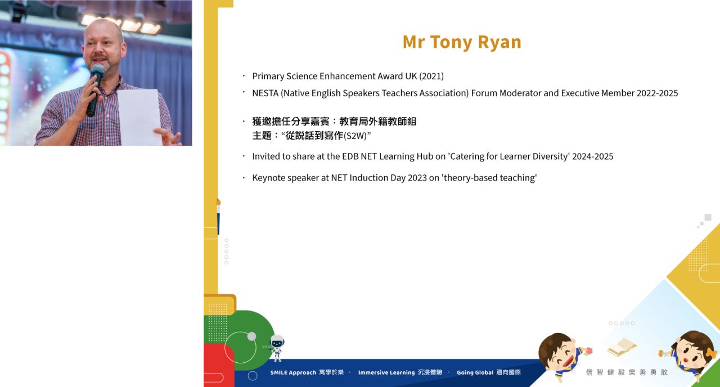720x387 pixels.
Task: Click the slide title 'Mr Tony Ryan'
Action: click(x=462, y=42)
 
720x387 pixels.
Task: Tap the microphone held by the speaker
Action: click(x=95, y=89)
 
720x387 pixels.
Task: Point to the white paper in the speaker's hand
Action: click(x=139, y=117)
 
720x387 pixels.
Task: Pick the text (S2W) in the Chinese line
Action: click(x=355, y=136)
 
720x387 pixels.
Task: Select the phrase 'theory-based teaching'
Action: click(x=489, y=178)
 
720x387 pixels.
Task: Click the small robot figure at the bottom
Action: click(x=276, y=348)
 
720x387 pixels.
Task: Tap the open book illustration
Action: click(x=622, y=347)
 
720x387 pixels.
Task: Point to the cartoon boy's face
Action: click(x=561, y=355)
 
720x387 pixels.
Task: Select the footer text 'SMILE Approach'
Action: click(x=293, y=372)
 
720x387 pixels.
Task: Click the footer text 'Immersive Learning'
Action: click(x=386, y=372)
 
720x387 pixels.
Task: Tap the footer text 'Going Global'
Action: click(x=475, y=372)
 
